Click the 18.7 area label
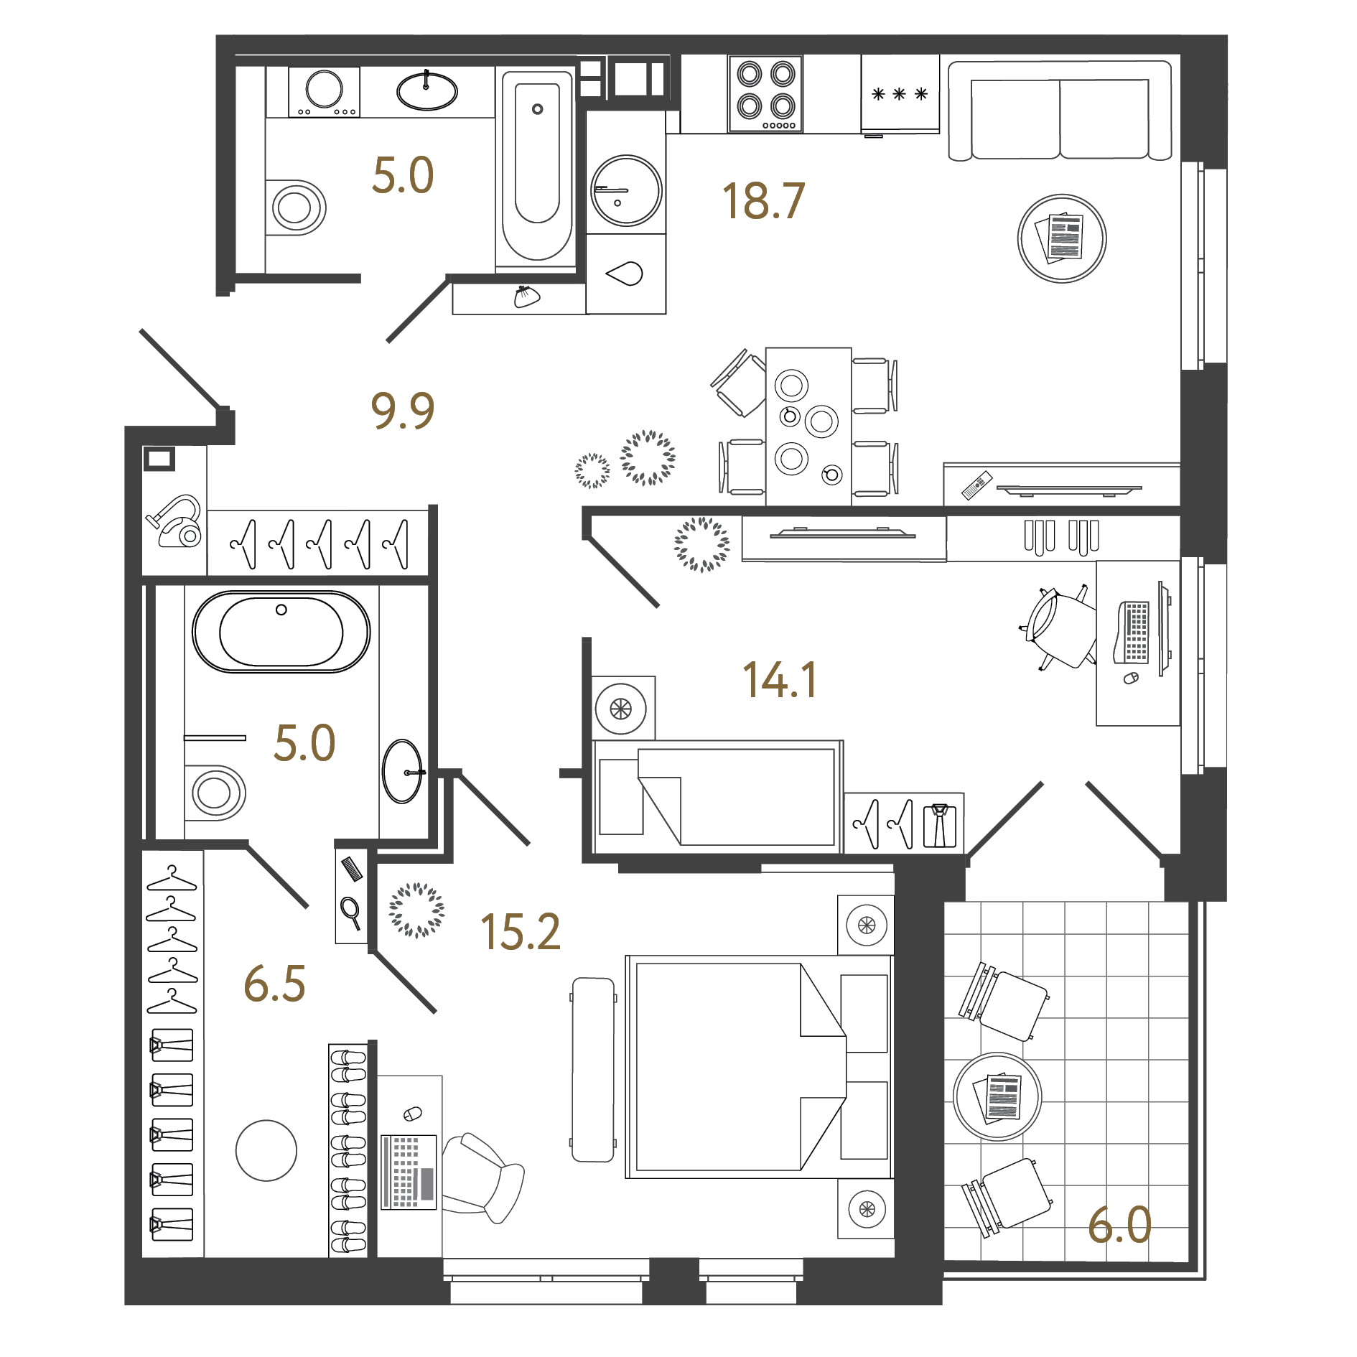click(763, 201)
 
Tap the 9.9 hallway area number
click(402, 411)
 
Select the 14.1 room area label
click(779, 680)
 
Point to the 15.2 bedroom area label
click(520, 932)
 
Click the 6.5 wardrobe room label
click(274, 984)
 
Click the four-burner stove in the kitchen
click(765, 94)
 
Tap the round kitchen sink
click(625, 191)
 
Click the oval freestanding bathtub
click(281, 632)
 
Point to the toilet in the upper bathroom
click(296, 207)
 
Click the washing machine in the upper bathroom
click(324, 91)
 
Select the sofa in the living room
click(1060, 111)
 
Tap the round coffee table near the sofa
click(1061, 238)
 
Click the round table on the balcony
click(997, 1096)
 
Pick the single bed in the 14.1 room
click(718, 797)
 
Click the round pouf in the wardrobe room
click(266, 1150)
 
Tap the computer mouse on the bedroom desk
click(412, 1114)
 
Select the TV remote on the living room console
click(977, 485)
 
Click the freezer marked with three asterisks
click(900, 94)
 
